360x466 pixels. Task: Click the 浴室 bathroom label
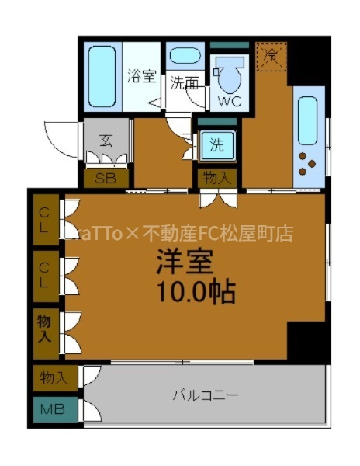pos(141,76)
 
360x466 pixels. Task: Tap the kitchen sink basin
pos(308,120)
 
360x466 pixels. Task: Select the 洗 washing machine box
pos(216,144)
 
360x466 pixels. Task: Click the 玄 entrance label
pos(107,141)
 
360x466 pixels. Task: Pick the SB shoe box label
pos(106,178)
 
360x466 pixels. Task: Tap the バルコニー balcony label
pos(205,395)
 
